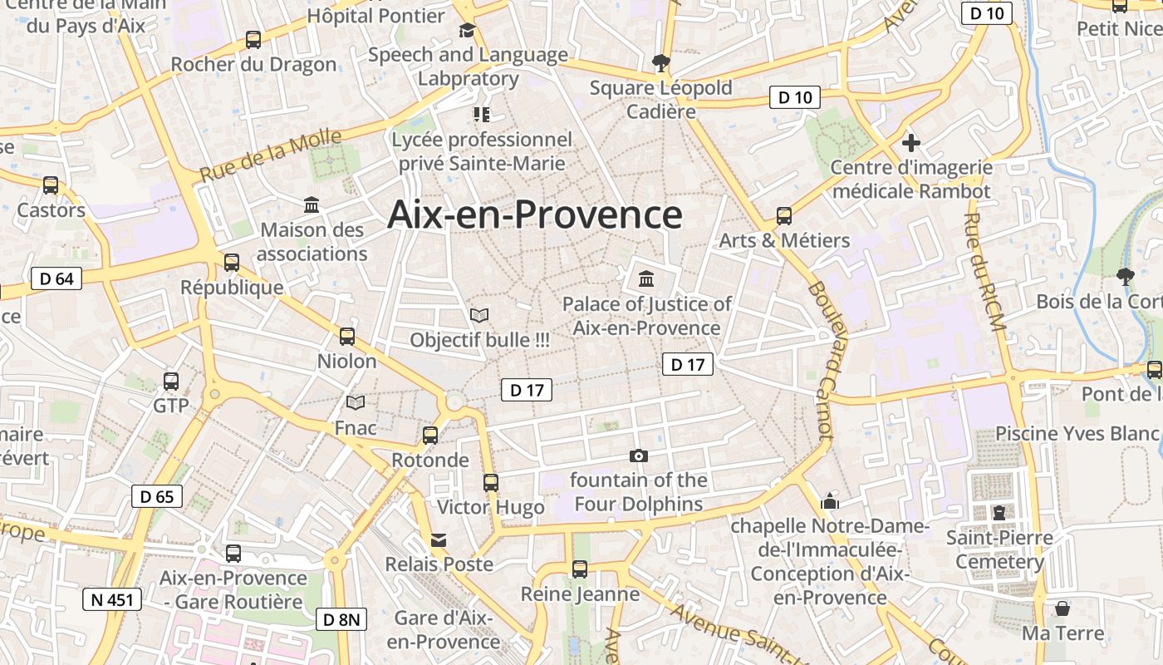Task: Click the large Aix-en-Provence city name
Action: pos(535,214)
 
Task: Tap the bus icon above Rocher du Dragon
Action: pos(253,40)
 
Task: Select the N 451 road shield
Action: pos(112,599)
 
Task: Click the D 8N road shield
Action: pos(341,618)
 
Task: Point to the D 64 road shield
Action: pos(56,278)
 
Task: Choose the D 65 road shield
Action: pos(157,497)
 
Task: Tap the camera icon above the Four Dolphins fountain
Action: pos(639,456)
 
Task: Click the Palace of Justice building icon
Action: pos(646,278)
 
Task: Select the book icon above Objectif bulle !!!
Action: pos(479,315)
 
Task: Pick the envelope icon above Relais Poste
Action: pos(439,540)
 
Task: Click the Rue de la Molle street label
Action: pos(271,156)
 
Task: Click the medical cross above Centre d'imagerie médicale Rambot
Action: pos(911,143)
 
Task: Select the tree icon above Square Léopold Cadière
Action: pos(661,62)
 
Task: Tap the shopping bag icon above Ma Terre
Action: pos(1062,608)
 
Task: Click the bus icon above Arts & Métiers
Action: pos(784,216)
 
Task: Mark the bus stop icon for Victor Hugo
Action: pos(491,482)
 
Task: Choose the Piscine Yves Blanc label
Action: pos(1078,433)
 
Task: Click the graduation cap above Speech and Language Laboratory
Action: pos(468,31)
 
